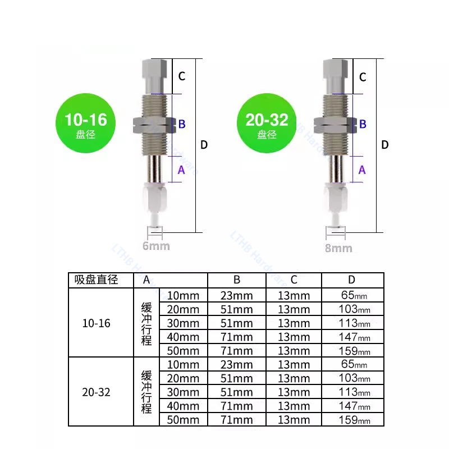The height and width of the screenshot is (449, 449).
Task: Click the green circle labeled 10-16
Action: (x=86, y=123)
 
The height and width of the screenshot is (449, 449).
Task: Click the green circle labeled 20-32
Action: (x=267, y=123)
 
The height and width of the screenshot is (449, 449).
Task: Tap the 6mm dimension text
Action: (x=156, y=246)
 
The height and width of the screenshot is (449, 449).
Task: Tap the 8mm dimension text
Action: (x=338, y=248)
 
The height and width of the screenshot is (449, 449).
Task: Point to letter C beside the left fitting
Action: (x=182, y=76)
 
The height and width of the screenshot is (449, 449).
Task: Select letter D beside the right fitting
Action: (x=385, y=145)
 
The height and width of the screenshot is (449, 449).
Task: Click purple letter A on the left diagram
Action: (x=181, y=170)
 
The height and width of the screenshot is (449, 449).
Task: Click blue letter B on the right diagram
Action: (x=363, y=124)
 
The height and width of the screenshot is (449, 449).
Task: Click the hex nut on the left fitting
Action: (x=154, y=125)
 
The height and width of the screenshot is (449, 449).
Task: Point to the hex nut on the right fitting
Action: (x=335, y=125)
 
